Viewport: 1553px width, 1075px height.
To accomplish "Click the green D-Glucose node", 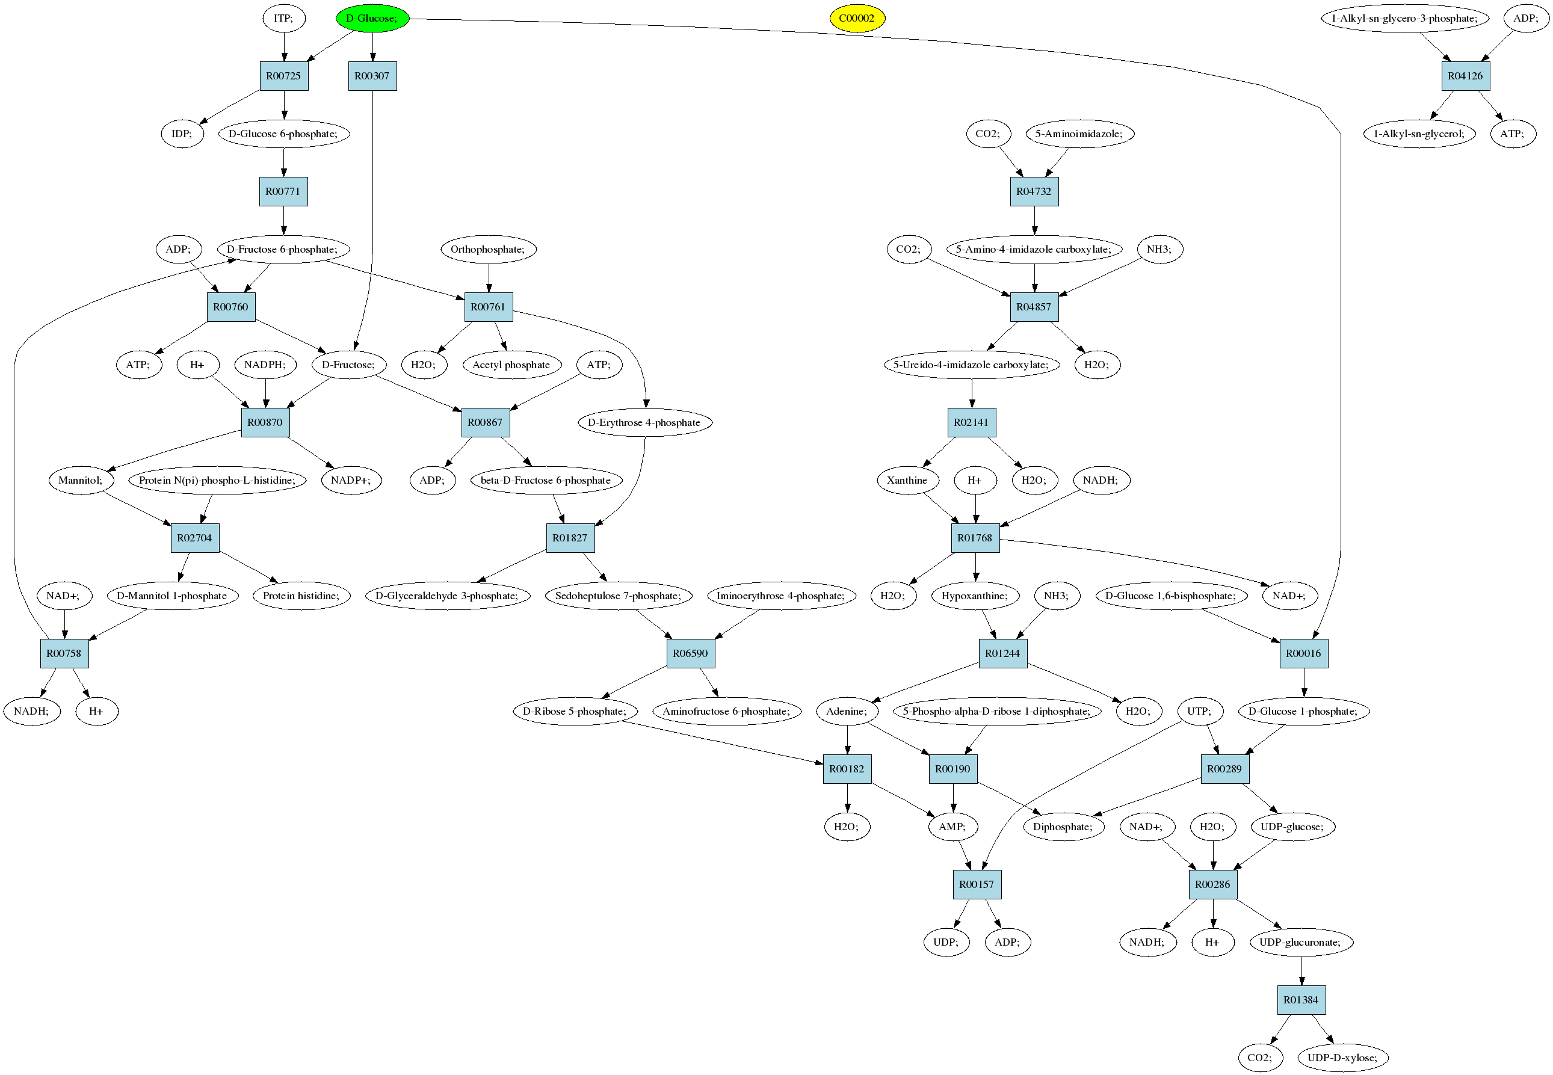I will click(x=372, y=18).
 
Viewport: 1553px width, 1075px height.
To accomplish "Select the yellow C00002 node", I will click(x=856, y=18).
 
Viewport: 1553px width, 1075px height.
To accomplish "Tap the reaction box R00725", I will click(x=283, y=76).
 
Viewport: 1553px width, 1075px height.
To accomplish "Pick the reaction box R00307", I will click(x=372, y=76).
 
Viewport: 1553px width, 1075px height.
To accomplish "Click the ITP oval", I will click(x=283, y=18).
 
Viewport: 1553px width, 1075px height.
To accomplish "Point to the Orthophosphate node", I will click(x=489, y=249).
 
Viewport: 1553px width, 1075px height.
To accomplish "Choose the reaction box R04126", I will click(x=1465, y=76).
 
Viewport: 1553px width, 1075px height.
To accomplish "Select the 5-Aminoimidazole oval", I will click(x=1079, y=134).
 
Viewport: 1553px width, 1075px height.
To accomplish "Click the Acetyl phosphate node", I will click(x=511, y=365).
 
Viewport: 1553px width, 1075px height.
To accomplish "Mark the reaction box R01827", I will click(x=570, y=538).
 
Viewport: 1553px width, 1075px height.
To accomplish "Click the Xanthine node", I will click(x=907, y=480).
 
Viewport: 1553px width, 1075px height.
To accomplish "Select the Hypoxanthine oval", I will click(x=975, y=596).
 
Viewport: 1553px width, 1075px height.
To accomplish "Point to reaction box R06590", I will click(x=691, y=653).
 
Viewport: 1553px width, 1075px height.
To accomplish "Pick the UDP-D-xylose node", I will click(x=1343, y=1058).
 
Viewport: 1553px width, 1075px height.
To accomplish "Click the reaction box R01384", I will click(x=1301, y=1000).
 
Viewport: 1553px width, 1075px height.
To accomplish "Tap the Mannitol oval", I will click(x=81, y=480).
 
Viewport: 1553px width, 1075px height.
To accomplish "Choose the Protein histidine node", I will click(x=301, y=596).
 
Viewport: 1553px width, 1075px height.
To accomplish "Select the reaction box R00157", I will click(x=977, y=884).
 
